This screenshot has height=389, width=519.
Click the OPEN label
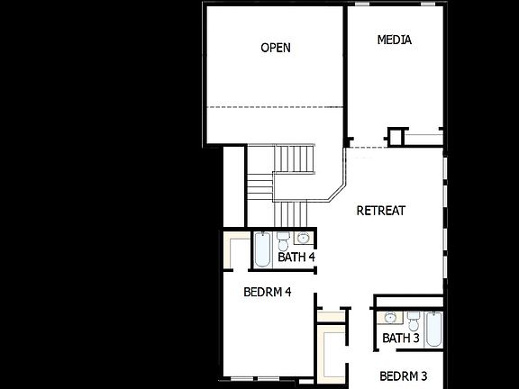point(276,48)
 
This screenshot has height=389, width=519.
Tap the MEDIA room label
point(395,40)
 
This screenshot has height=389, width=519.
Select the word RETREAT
point(381,211)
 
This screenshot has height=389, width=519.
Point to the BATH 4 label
point(296,258)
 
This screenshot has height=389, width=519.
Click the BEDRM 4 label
point(268,292)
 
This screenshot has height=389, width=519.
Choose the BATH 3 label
point(401,339)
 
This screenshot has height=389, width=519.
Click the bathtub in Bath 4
point(261,249)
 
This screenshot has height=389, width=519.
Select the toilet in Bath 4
point(283,242)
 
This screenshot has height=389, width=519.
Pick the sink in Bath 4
point(303,239)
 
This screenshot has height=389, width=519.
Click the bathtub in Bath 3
point(432,329)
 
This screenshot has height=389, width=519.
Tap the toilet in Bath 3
point(414,321)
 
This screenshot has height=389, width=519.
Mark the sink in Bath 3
point(391,318)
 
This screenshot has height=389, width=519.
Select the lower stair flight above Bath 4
point(292,214)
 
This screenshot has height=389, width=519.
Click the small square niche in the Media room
point(396,137)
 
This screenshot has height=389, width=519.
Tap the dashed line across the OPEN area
point(275,107)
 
